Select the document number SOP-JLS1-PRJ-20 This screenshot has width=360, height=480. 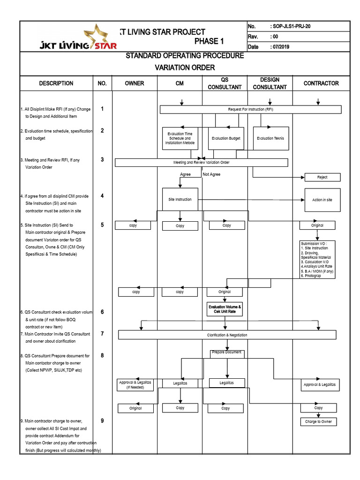pyautogui.click(x=291, y=27)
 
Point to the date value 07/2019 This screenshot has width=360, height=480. pyautogui.click(x=281, y=47)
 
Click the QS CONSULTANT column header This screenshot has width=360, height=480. pyautogui.click(x=225, y=83)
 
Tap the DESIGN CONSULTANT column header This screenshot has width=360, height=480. pyautogui.click(x=270, y=83)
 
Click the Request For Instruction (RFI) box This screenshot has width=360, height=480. pyautogui.click(x=250, y=109)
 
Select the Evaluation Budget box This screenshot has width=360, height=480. pyautogui.click(x=226, y=138)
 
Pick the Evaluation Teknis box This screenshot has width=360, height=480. pyautogui.click(x=270, y=138)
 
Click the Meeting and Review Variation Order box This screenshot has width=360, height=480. pyautogui.click(x=201, y=163)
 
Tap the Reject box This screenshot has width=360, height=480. pyautogui.click(x=322, y=177)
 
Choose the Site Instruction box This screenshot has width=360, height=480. pyautogui.click(x=180, y=199)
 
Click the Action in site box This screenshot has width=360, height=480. pyautogui.click(x=322, y=200)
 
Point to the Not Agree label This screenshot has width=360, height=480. pyautogui.click(x=211, y=174)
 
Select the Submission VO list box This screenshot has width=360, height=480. pyautogui.click(x=317, y=259)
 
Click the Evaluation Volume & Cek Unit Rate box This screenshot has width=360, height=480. pyautogui.click(x=225, y=309)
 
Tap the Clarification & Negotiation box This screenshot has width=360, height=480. pyautogui.click(x=227, y=335)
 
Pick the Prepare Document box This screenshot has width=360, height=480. pyautogui.click(x=227, y=352)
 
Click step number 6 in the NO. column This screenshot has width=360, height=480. pyautogui.click(x=102, y=312)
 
